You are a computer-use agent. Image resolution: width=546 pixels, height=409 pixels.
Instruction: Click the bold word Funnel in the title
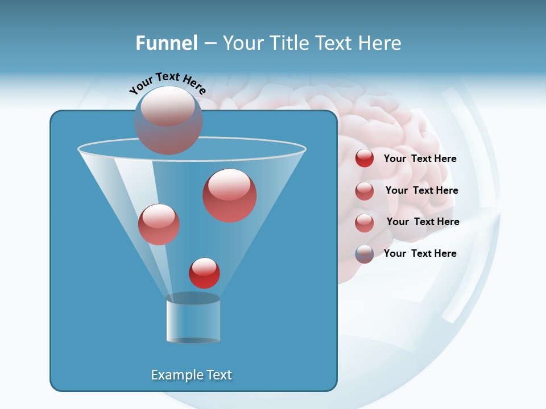tap(166, 43)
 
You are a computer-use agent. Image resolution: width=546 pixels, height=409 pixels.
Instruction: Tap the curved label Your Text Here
tap(167, 82)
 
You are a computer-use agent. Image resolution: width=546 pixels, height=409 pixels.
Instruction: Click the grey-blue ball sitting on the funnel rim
tap(168, 120)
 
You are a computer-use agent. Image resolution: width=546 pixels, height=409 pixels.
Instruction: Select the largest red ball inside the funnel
tap(229, 195)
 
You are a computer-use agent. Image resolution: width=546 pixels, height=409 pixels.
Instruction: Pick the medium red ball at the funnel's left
tap(159, 224)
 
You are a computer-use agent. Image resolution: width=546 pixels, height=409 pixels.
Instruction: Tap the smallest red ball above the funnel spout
tap(204, 273)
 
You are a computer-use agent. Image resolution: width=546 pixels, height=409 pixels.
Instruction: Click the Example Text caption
tap(192, 375)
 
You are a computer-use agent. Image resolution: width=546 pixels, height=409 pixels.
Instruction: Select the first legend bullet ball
tap(365, 158)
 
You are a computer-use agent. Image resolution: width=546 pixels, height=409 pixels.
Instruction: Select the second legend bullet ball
tap(365, 191)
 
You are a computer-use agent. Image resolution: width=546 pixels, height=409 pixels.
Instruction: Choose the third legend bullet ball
tap(365, 223)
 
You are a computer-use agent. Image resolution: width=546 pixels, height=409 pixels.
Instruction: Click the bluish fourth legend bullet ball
tap(365, 254)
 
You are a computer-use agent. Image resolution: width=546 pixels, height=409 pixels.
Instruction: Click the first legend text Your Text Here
tap(420, 158)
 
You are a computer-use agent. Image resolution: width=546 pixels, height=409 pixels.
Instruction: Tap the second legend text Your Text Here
tap(421, 190)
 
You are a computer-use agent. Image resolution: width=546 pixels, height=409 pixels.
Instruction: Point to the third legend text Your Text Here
tap(423, 222)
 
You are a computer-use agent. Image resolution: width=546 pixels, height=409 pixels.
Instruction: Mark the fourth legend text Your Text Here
tap(420, 253)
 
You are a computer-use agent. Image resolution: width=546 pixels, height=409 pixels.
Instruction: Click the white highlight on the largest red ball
tap(230, 184)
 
